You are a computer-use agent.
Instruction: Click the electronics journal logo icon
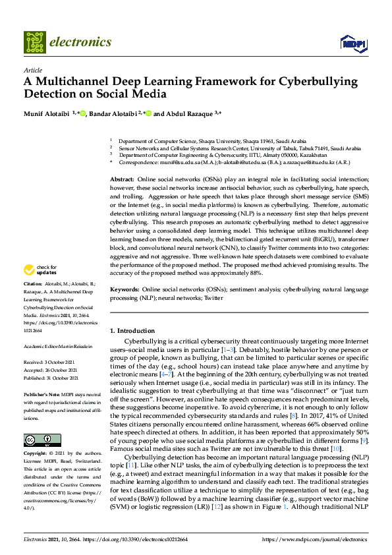point(34,42)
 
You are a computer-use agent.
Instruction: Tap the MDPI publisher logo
point(352,43)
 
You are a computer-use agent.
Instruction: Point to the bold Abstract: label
point(122,179)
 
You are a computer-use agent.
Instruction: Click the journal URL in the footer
point(314,539)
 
